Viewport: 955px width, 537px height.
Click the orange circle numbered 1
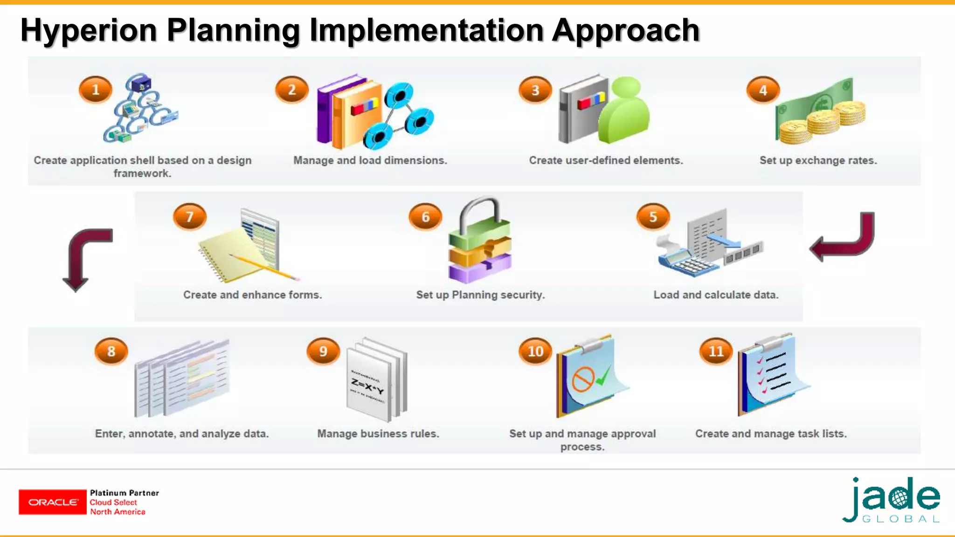tap(96, 89)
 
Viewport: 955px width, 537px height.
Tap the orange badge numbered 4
tap(763, 90)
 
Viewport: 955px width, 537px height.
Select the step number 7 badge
tap(189, 217)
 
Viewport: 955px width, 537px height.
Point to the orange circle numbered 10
tap(535, 351)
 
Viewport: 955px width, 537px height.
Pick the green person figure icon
tap(623, 111)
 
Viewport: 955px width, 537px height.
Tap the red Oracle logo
tap(53, 502)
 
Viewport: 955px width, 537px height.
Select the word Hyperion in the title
tap(89, 30)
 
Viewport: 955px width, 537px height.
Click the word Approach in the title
tap(626, 30)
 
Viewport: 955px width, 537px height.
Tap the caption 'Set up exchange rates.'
tap(818, 160)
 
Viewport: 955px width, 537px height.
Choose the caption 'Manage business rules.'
tap(378, 434)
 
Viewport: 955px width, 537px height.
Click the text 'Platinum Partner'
tap(125, 493)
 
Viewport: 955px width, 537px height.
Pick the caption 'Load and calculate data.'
tap(716, 295)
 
